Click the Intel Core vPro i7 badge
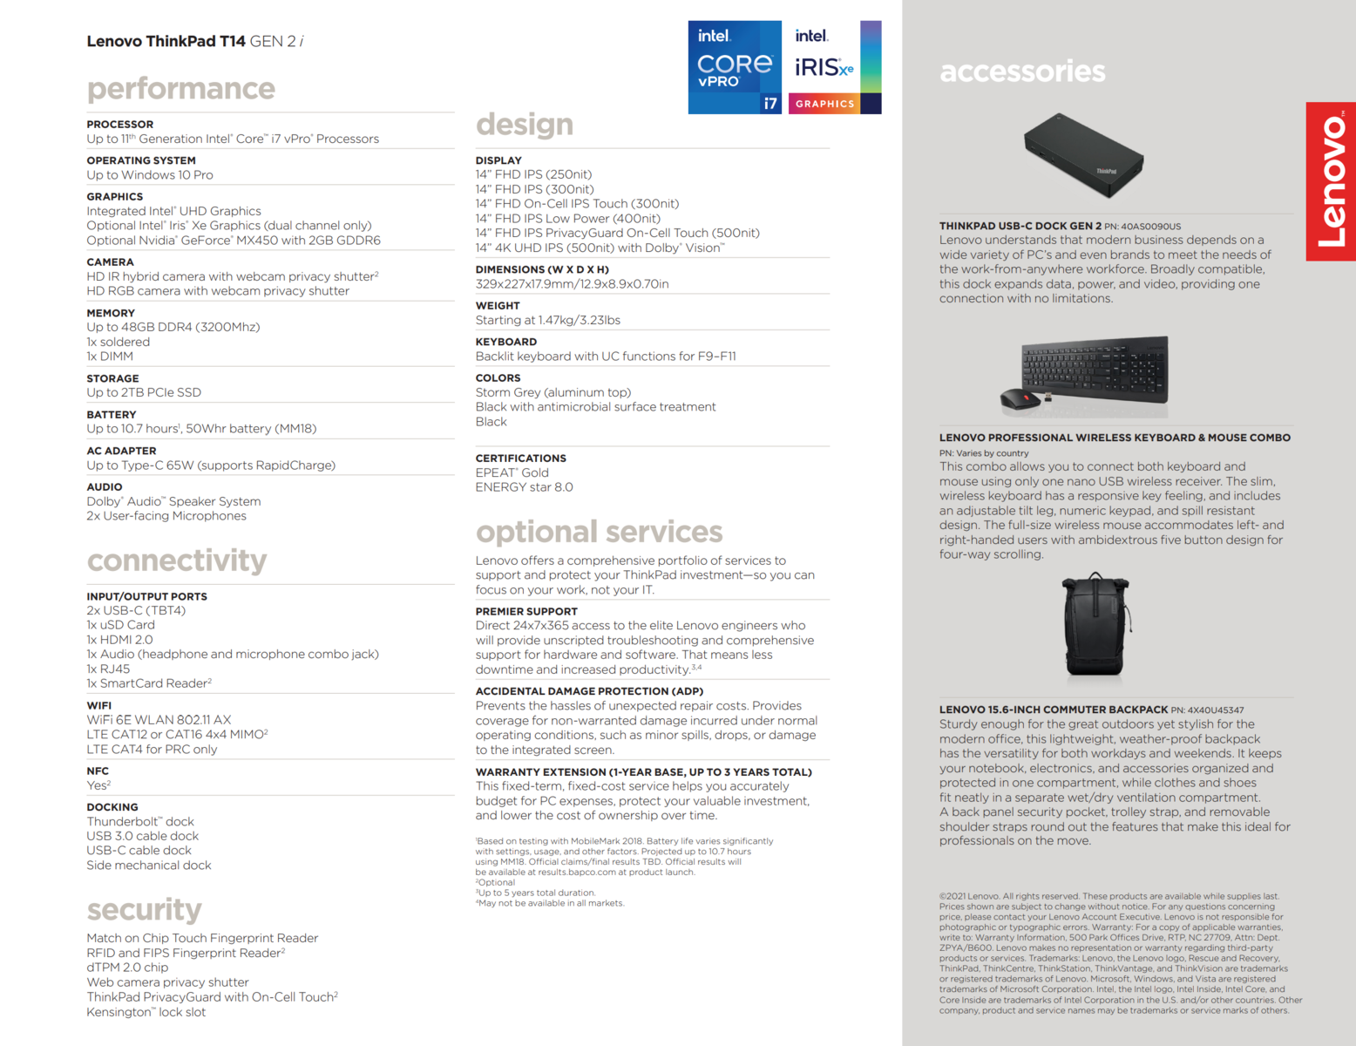pos(735,67)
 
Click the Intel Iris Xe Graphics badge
pos(834,67)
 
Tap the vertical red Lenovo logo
pos(1331,181)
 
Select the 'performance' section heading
pos(180,88)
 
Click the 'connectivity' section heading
pos(177,560)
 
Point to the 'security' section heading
pos(144,909)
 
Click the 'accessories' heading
pos(1022,71)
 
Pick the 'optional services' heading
pos(599,531)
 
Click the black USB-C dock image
pos(1083,155)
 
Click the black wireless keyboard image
pos(1095,369)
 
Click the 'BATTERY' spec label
pos(112,415)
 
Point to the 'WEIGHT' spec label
pos(498,306)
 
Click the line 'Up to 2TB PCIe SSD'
pos(144,392)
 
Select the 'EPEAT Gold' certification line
pos(512,472)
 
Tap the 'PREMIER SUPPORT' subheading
pos(526,611)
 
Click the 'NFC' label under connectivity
pos(98,771)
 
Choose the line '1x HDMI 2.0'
pos(119,640)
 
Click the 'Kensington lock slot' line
pos(146,1012)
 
